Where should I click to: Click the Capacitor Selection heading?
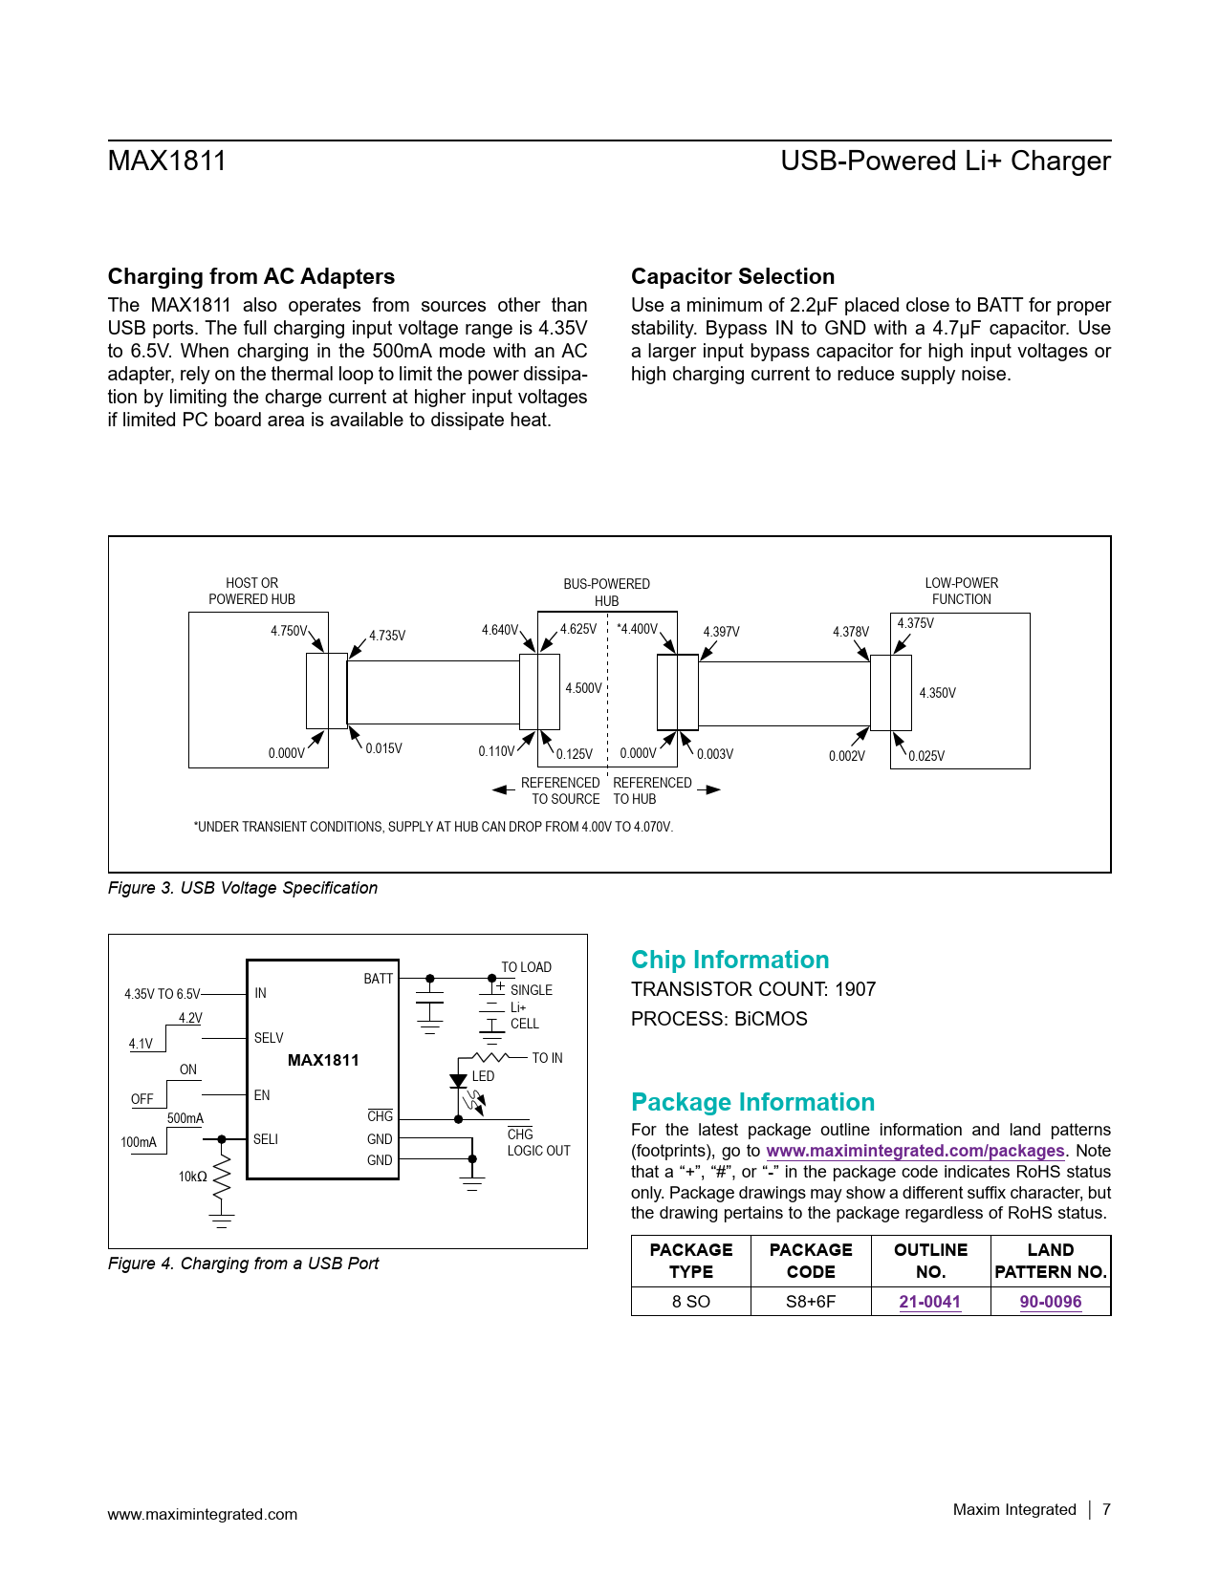point(732,276)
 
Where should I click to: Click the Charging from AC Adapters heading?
point(250,276)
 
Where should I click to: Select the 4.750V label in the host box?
point(289,631)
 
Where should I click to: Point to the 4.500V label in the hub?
point(583,688)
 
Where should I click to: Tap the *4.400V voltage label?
point(637,629)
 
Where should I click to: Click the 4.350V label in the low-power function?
point(937,693)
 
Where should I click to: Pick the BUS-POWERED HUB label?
point(606,592)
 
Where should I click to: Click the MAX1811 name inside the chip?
point(323,1060)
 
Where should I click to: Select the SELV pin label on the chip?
point(269,1038)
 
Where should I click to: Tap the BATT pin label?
point(378,979)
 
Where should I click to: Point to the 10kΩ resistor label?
point(192,1177)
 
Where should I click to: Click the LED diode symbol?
point(458,1082)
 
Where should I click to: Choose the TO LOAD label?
point(526,967)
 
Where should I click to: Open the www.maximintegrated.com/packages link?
point(915,1151)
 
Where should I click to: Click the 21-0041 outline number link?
point(929,1302)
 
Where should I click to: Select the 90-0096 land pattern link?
point(1050,1302)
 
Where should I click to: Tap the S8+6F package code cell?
point(811,1302)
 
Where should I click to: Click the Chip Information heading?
point(729,960)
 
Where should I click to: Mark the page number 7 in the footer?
point(1106,1509)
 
